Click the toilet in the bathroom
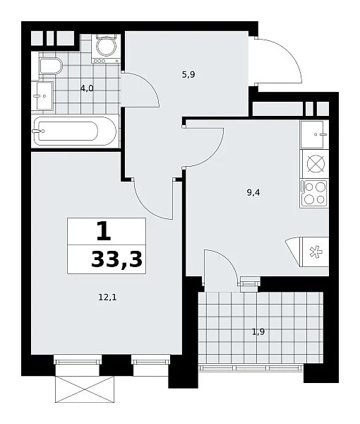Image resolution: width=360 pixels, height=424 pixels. coord(51,65)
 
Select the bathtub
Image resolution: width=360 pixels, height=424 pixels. coord(75,131)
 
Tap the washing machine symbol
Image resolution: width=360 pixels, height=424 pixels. coord(106,49)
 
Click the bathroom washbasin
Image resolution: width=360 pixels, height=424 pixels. coord(42,95)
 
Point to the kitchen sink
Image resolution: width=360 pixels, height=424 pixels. coord(314,134)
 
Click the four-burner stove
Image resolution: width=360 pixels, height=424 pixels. coord(314,193)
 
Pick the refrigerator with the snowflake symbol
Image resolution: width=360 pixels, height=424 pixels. coord(314,252)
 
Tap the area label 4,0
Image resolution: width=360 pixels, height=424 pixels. coord(87,88)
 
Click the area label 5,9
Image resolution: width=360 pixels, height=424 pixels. coord(188,74)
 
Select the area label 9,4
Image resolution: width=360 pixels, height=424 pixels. coord(253,193)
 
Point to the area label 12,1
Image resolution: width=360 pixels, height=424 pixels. coord(108,298)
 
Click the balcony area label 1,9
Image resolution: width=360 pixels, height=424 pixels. coord(258,331)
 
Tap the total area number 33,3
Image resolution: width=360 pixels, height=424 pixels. coord(116,259)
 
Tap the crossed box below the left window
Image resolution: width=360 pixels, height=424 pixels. coord(85,389)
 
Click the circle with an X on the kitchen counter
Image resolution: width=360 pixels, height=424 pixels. coord(316,164)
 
